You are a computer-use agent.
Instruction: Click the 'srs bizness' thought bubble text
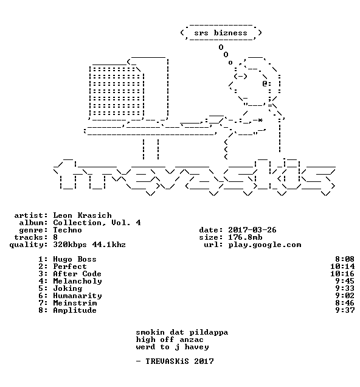[x=220, y=33]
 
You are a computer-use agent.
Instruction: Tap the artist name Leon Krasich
[x=82, y=215]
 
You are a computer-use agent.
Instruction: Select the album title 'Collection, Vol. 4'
[x=97, y=223]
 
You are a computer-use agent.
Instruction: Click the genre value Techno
[x=67, y=230]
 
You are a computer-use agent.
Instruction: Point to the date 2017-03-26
[x=252, y=230]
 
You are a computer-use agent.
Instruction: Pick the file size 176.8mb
[x=245, y=237]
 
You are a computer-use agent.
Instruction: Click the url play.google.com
[x=265, y=245]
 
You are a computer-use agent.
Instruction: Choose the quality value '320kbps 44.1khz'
[x=89, y=245]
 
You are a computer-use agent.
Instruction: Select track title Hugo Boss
[x=75, y=259]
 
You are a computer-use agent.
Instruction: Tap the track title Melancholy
[x=77, y=281]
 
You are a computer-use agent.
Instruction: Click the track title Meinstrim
[x=75, y=303]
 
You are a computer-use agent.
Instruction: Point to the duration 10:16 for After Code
[x=342, y=274]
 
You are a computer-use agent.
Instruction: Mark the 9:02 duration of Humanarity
[x=345, y=296]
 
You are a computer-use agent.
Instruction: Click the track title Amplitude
[x=75, y=310]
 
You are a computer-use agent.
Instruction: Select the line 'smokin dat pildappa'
[x=182, y=332]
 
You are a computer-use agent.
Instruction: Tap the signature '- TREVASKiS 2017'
[x=175, y=361]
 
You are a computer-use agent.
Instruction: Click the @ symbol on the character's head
[x=265, y=84]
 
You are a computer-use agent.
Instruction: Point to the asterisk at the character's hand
[x=260, y=120]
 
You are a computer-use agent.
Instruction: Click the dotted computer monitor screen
[x=116, y=91]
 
